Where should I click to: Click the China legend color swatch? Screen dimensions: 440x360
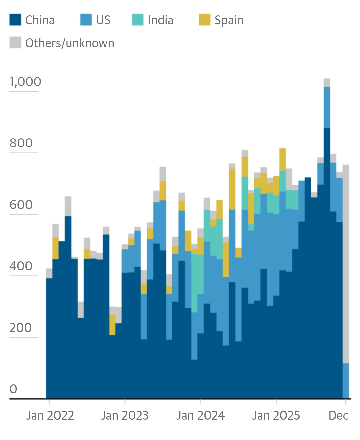pos(15,20)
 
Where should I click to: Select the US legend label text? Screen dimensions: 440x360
pos(103,20)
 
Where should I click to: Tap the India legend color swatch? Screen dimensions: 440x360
pos(138,20)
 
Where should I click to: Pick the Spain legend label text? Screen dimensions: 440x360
pos(229,20)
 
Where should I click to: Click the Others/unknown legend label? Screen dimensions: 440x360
pos(70,43)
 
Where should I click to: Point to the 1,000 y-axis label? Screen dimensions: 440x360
pos(25,82)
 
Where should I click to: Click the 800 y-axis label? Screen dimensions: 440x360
pos(21,143)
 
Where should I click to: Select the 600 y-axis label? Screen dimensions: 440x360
pos(21,205)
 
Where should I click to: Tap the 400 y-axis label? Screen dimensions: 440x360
pos(21,266)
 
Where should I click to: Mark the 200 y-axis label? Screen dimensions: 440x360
pos(21,328)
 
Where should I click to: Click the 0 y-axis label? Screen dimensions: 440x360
pos(13,389)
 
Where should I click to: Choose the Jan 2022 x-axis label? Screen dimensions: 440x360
pos(50,416)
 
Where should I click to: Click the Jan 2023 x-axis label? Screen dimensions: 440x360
pos(125,416)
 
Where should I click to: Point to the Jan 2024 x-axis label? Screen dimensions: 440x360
pos(200,416)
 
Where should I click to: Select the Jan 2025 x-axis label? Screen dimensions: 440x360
pos(276,416)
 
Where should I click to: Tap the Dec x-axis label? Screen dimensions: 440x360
pos(338,416)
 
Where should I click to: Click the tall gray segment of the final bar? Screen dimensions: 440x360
pos(346,263)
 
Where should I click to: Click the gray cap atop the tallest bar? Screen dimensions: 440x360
pos(327,83)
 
